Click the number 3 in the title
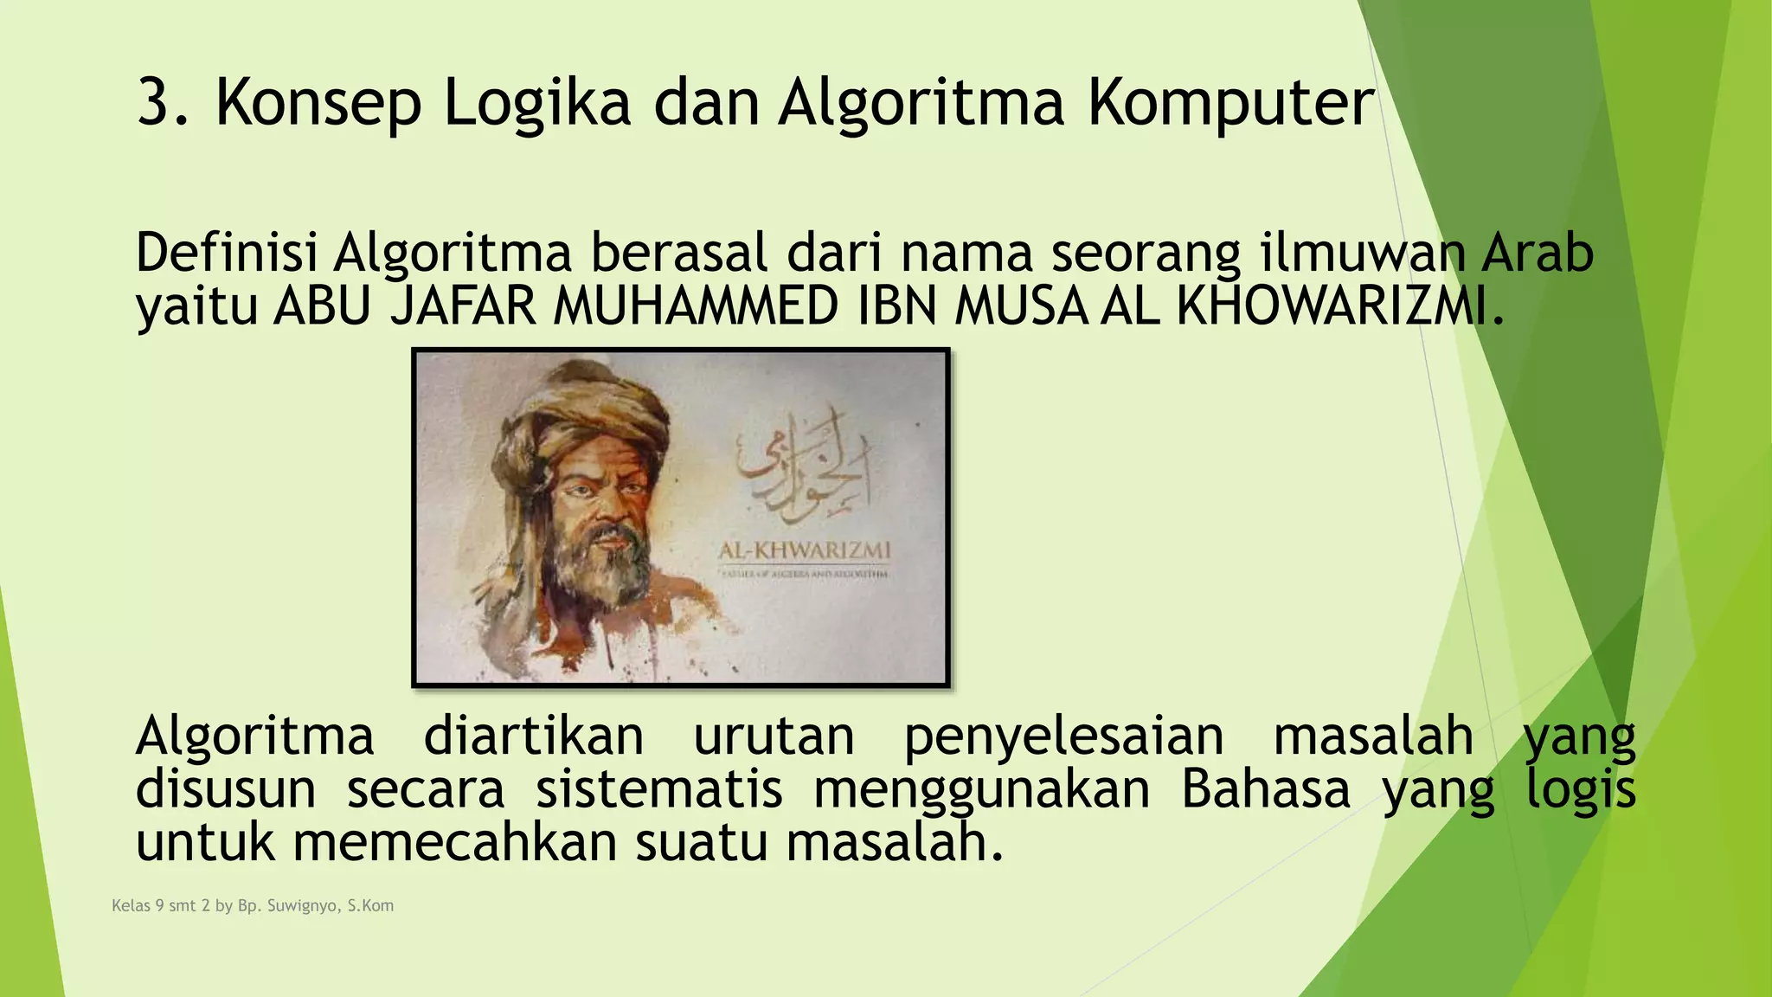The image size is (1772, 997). pos(154,103)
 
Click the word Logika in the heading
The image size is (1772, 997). pos(536,103)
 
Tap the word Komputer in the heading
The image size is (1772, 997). pos(1230,103)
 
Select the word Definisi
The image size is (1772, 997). pos(226,254)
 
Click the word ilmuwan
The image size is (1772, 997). pos(1361,254)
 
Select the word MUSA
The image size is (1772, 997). pos(1020,306)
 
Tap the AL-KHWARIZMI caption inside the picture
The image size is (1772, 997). pos(804,550)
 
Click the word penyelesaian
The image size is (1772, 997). pos(1064,737)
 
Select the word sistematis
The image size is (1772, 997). pos(658,790)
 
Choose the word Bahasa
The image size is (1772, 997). pos(1265,790)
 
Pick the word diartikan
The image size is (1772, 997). pos(533,737)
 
